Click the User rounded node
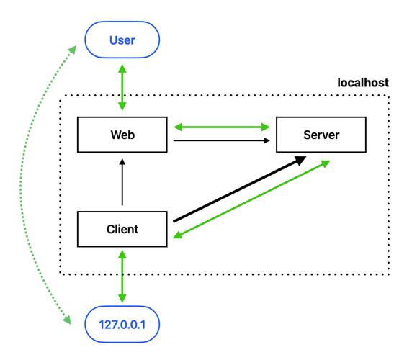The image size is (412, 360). coord(122,41)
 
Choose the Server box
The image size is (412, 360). coord(321,135)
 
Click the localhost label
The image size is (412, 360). coord(363,83)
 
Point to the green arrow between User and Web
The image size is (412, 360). coord(122,87)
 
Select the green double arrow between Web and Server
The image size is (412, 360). coord(221,127)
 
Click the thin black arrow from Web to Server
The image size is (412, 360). coord(221,141)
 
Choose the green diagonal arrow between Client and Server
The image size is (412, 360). coord(252,200)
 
